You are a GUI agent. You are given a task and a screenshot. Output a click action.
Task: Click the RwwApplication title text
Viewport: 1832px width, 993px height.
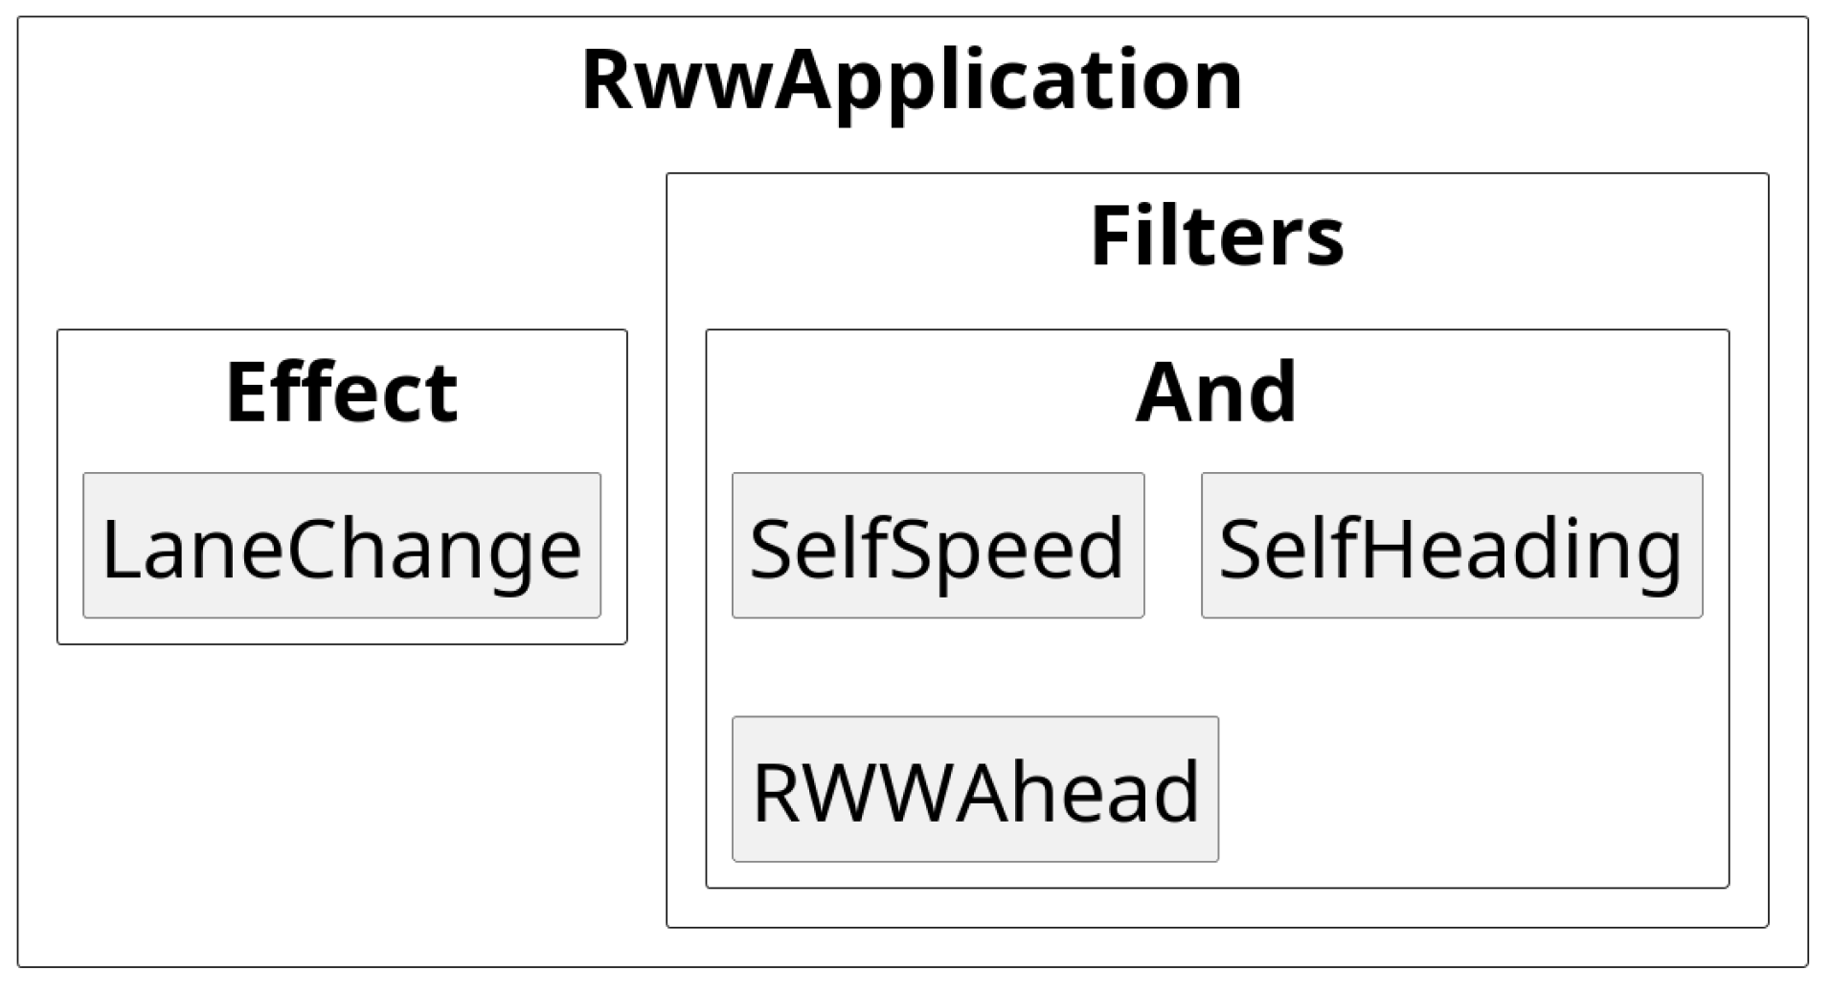[x=912, y=80]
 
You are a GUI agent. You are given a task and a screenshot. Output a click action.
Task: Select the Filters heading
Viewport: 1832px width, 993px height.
[x=1216, y=237]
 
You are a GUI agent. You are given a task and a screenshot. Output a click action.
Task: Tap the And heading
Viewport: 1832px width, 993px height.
[x=1216, y=392]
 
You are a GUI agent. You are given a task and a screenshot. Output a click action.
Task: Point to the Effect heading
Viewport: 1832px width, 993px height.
[x=342, y=392]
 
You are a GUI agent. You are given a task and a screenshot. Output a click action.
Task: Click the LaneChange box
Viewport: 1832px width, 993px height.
[x=342, y=546]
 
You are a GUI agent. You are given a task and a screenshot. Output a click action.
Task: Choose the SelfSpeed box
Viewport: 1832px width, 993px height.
[x=938, y=546]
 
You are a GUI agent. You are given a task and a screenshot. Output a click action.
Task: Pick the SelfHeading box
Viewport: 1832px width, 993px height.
[x=1451, y=546]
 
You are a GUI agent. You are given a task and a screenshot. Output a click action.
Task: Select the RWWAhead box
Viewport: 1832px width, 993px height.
[x=975, y=789]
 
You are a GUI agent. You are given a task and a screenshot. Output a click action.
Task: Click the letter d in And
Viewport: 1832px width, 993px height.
[x=1270, y=392]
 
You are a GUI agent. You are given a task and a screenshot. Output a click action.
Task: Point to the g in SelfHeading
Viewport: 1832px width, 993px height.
[x=1654, y=557]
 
